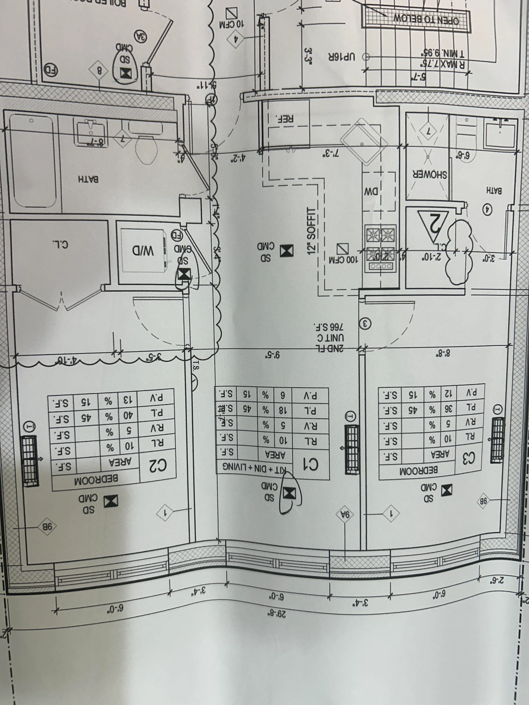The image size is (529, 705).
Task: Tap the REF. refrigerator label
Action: [286, 118]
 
